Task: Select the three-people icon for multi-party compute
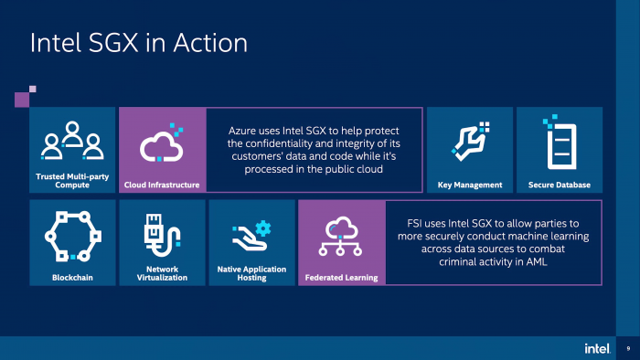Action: point(72,141)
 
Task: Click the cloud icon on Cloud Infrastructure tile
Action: point(161,143)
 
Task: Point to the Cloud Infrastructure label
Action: point(161,185)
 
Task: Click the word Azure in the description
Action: point(243,131)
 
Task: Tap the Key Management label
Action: point(469,185)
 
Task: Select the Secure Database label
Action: point(559,185)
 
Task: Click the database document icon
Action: point(559,143)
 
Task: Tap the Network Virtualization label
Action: point(161,273)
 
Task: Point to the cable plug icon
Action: point(159,235)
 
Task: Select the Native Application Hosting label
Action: point(251,273)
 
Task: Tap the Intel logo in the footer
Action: point(597,348)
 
